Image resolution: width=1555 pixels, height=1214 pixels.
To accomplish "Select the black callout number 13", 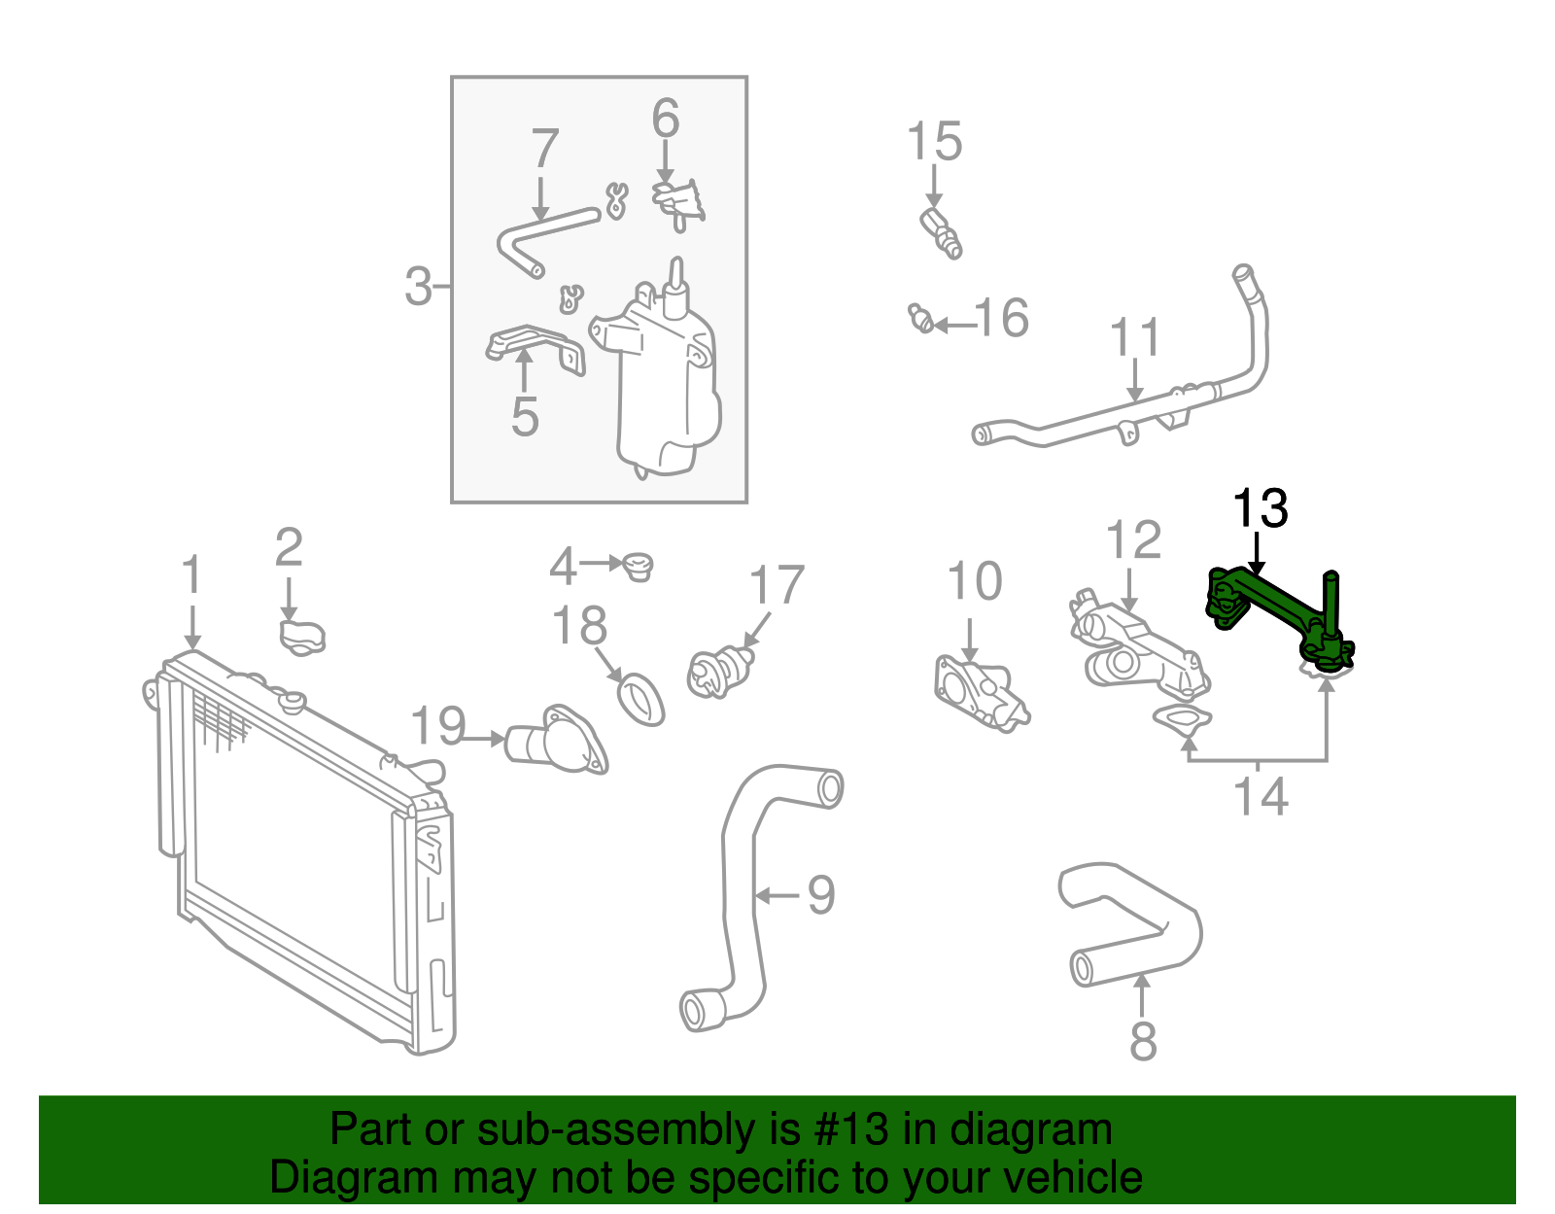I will (1260, 509).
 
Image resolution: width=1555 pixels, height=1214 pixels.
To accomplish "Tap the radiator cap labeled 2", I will (302, 637).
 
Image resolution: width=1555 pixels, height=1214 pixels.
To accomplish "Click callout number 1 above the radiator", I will (192, 575).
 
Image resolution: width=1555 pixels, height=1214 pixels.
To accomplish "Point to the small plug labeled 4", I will (639, 565).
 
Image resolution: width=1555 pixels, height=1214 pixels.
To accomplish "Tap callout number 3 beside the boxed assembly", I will (418, 287).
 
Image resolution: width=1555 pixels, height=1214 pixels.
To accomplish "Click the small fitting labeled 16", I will (921, 318).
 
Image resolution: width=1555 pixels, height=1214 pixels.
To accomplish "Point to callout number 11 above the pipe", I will (1134, 338).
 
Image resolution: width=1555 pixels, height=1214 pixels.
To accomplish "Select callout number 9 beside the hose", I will (821, 895).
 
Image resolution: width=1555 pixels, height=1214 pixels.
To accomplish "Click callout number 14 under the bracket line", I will (1261, 798).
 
